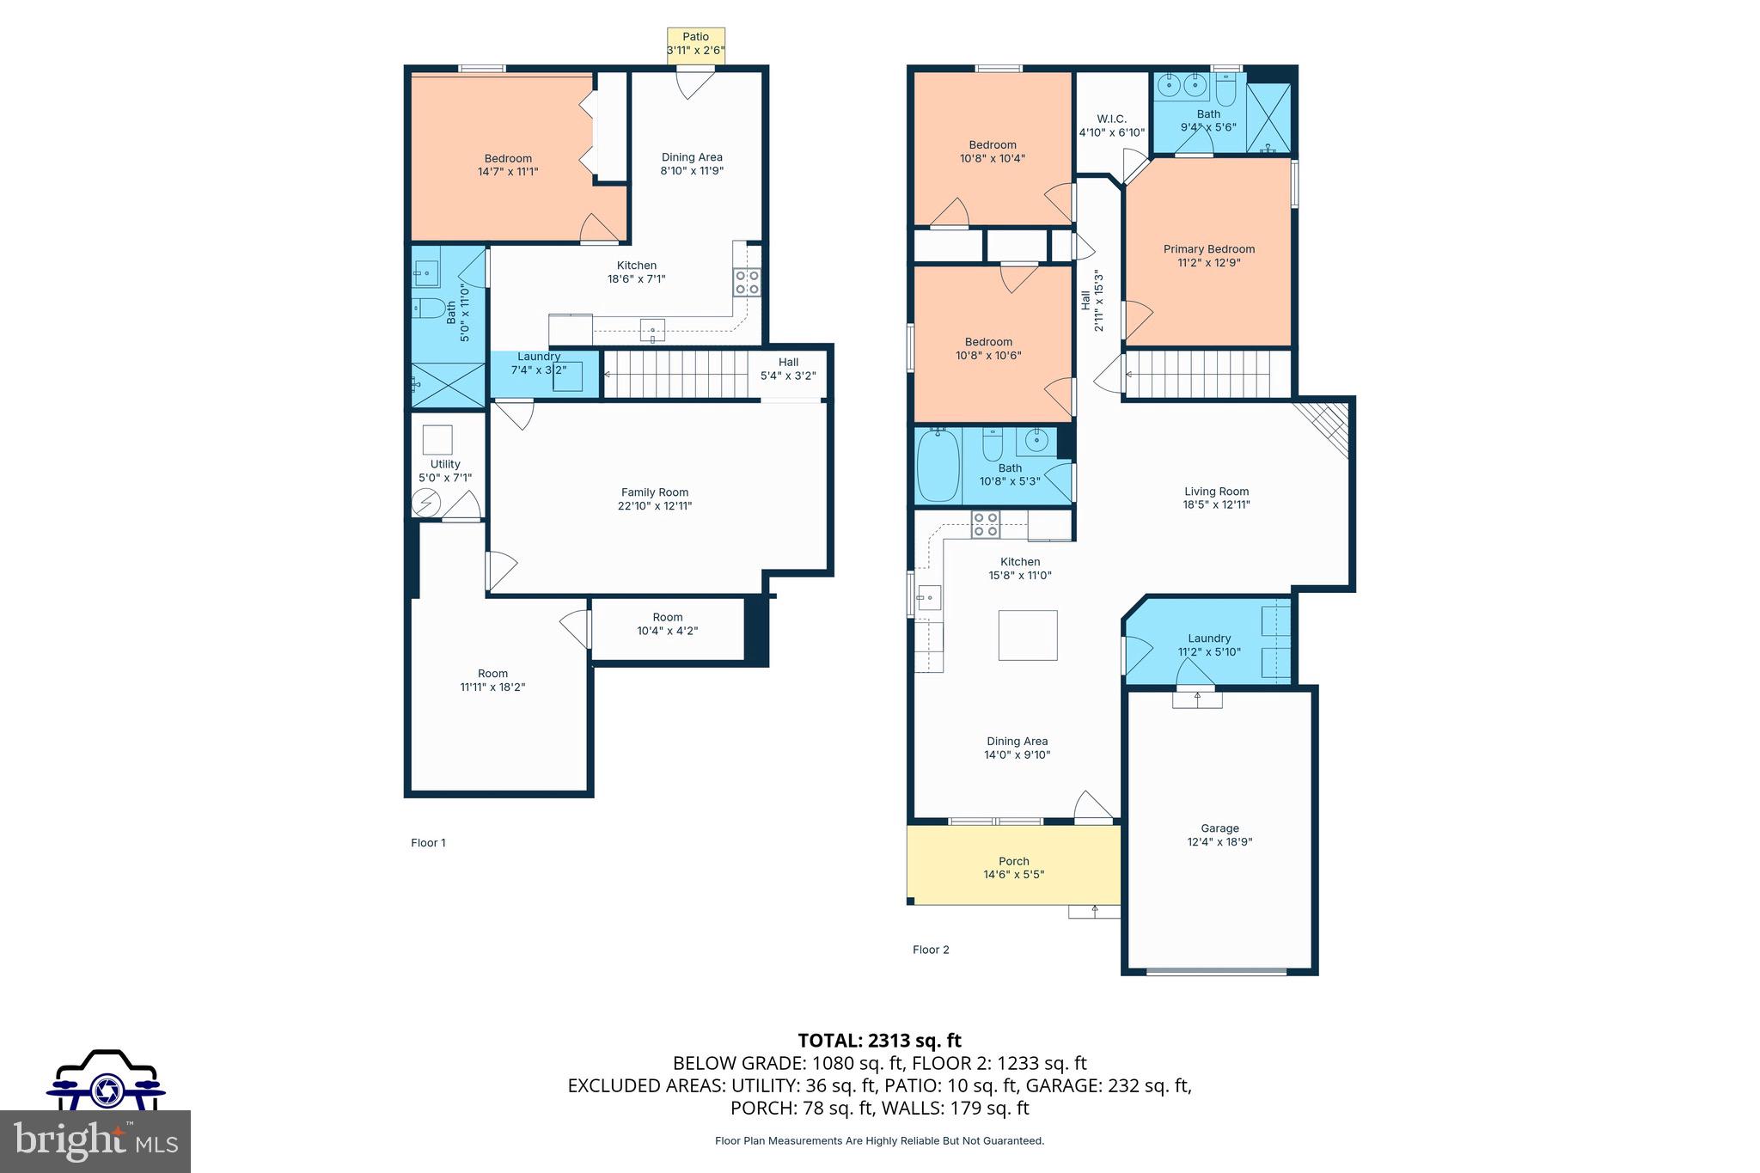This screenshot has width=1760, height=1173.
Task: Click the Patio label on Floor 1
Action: click(x=695, y=37)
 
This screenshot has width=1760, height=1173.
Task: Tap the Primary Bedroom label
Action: click(x=1208, y=249)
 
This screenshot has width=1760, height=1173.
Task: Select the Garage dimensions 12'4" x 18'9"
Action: click(x=1219, y=842)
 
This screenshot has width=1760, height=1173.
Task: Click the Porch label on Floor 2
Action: click(x=1014, y=861)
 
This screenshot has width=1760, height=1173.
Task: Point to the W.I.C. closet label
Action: click(x=1111, y=119)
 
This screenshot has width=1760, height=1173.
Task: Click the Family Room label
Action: click(x=655, y=492)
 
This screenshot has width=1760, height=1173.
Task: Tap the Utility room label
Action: click(x=445, y=464)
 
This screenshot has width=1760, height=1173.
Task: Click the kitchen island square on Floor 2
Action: click(x=1027, y=635)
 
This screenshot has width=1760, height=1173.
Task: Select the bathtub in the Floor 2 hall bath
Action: click(x=938, y=467)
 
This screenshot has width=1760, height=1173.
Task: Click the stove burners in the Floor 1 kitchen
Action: click(x=746, y=283)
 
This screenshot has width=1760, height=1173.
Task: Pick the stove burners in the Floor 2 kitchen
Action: click(x=986, y=524)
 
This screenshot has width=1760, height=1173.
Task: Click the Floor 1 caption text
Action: click(x=428, y=843)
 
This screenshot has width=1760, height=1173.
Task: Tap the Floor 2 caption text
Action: click(x=931, y=950)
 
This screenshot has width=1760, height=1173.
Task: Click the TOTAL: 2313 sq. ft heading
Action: click(x=879, y=1041)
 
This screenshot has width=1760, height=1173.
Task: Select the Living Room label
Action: click(x=1215, y=492)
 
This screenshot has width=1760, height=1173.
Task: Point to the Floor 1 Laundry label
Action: click(x=539, y=357)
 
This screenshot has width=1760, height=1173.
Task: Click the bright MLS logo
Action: click(x=95, y=1141)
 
